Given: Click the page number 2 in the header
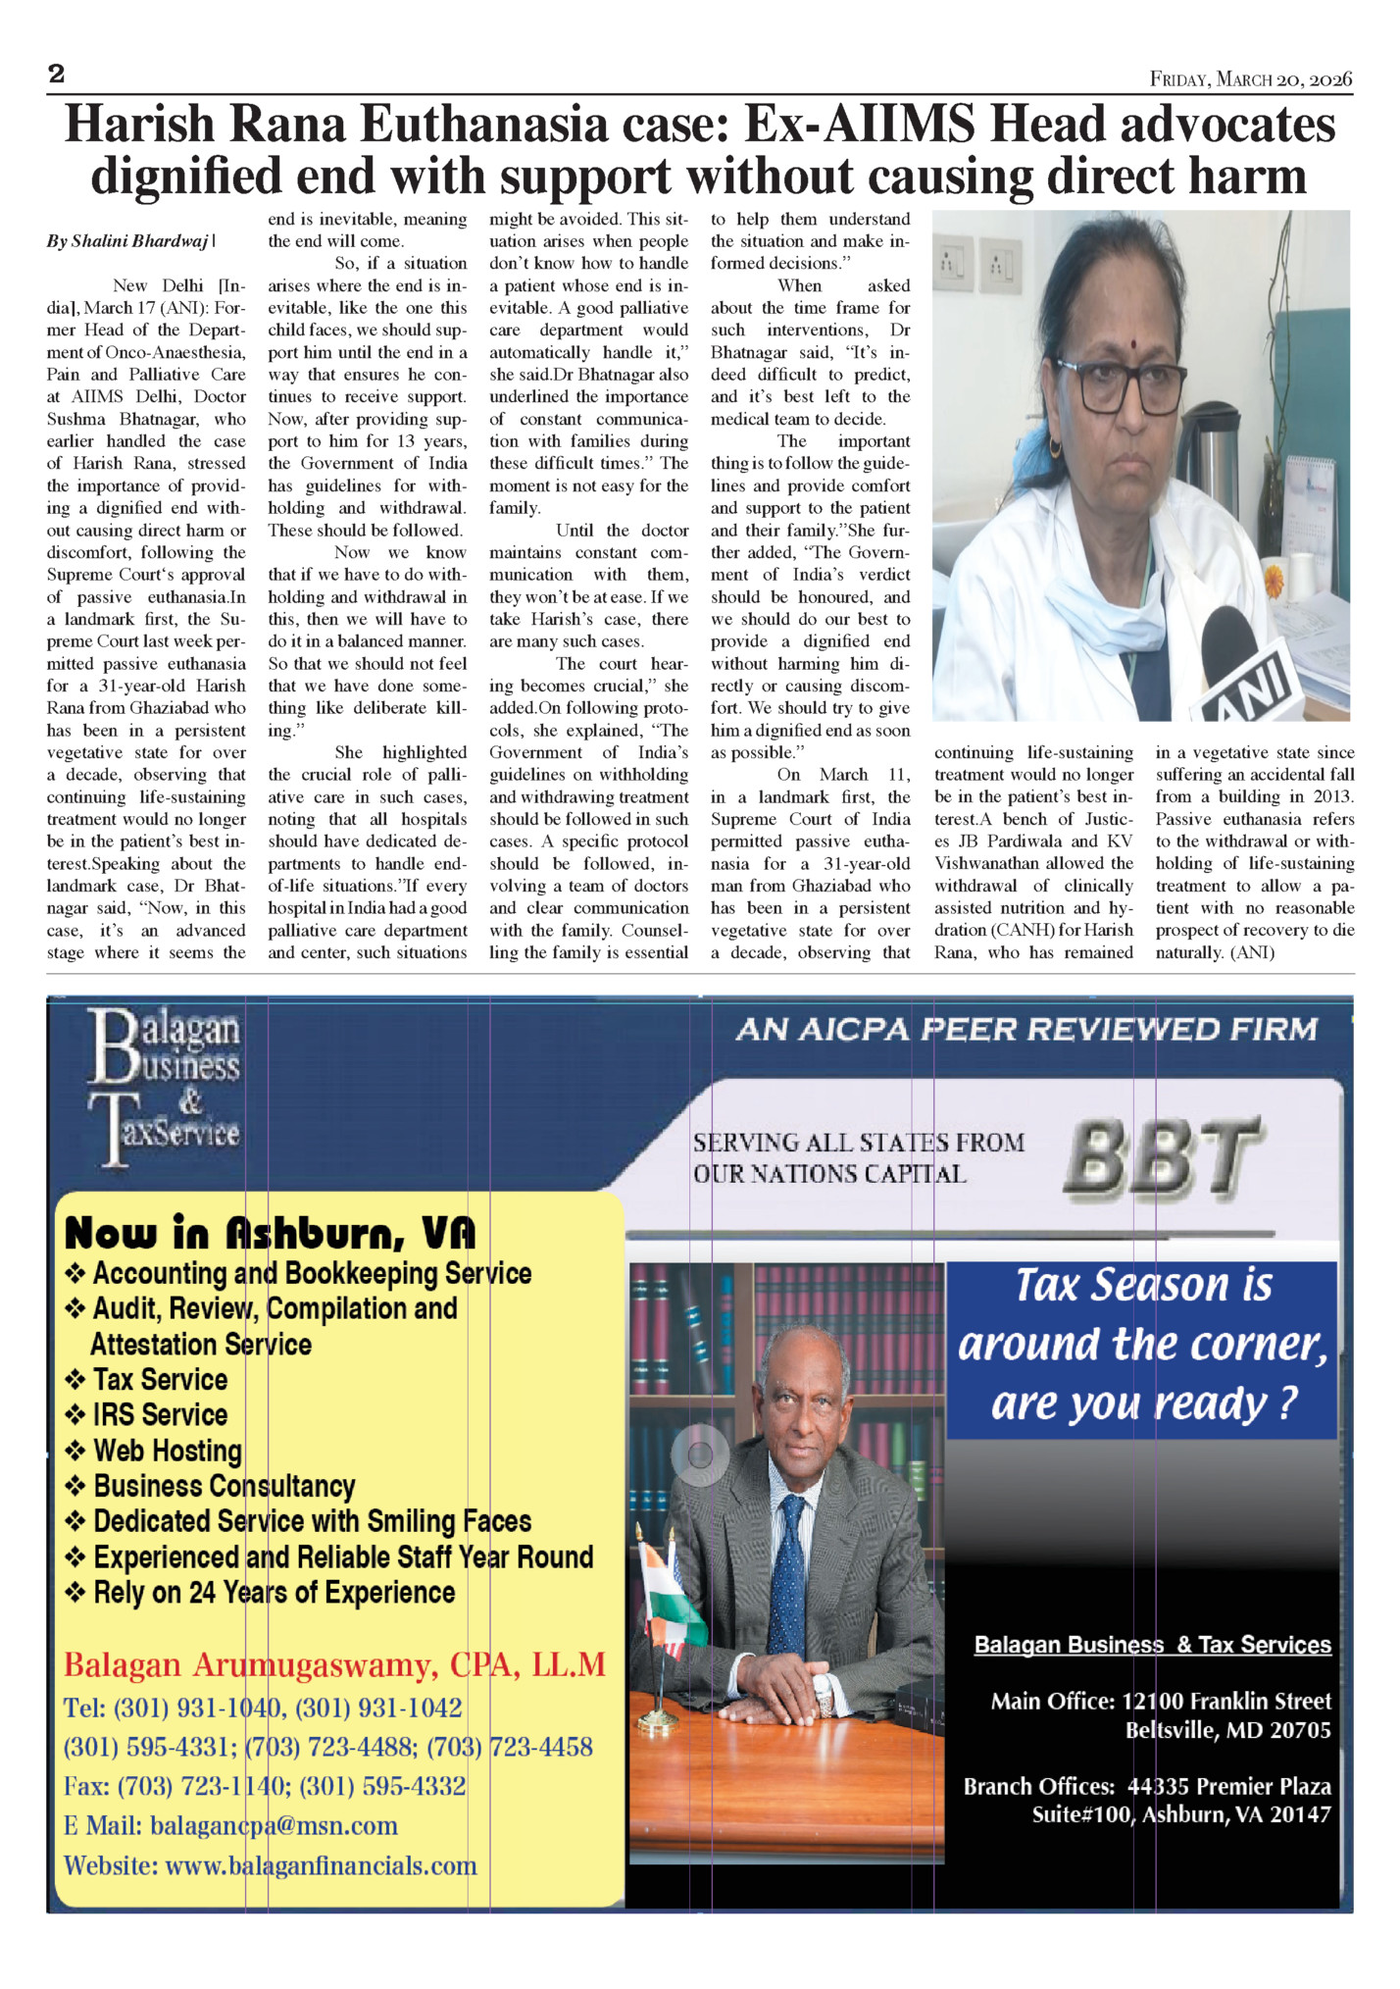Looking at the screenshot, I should [56, 74].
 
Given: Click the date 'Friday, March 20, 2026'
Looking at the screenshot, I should [1251, 79].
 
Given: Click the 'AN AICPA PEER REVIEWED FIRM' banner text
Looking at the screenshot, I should [1026, 1029].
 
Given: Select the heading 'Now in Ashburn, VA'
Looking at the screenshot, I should [270, 1233].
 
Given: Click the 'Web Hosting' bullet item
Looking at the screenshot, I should [167, 1451].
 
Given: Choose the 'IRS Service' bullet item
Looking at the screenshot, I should [160, 1414].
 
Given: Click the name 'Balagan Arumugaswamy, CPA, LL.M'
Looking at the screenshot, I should [334, 1664].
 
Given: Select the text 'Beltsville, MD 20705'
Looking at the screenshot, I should [1227, 1729].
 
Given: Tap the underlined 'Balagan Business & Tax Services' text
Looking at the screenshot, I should [1152, 1645].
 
